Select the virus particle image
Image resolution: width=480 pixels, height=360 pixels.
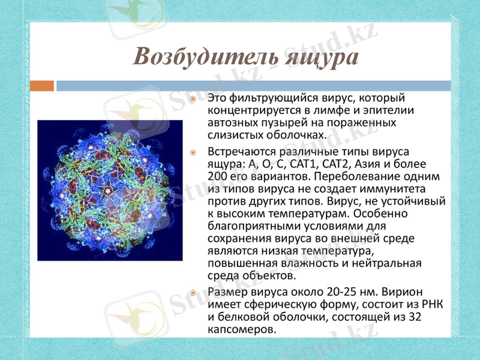point(110,190)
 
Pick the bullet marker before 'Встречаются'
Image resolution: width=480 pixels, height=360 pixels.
point(193,152)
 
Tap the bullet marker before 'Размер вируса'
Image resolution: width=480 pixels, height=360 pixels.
point(193,292)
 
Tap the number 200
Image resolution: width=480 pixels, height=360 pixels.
point(218,176)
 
